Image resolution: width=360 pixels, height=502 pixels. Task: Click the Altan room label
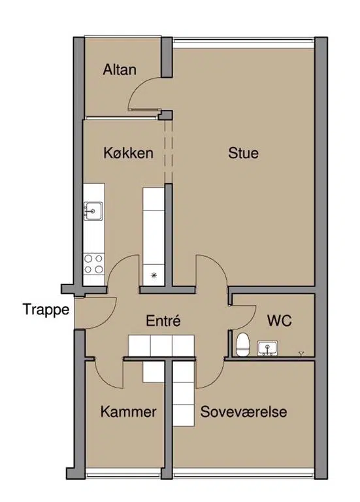(120, 69)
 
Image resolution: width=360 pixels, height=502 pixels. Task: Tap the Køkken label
(128, 153)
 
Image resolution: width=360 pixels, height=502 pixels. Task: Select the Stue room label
(243, 153)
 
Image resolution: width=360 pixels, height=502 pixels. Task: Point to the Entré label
(163, 320)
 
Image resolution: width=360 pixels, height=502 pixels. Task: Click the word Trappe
(46, 310)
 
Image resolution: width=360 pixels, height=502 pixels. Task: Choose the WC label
(280, 320)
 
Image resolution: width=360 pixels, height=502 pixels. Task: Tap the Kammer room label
(128, 411)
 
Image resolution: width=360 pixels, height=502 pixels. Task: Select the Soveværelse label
(244, 411)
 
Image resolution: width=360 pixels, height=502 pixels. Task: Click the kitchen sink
(93, 211)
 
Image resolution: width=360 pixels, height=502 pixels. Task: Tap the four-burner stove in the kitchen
(94, 264)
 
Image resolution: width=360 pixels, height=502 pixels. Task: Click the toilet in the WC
(242, 344)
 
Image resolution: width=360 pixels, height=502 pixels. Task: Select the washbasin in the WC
(267, 348)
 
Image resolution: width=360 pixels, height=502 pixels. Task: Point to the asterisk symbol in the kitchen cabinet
(154, 275)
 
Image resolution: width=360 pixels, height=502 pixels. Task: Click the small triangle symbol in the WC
(301, 354)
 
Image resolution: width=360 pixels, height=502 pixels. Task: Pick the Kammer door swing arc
(103, 378)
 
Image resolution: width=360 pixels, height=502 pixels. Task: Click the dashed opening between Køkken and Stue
(169, 151)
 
